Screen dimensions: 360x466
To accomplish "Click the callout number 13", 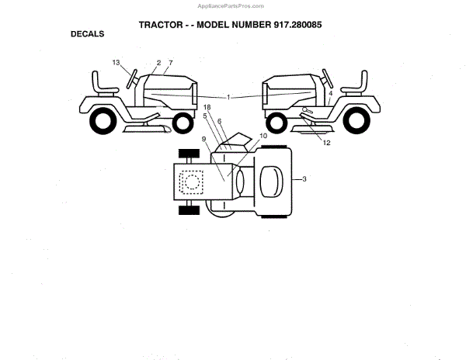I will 116,62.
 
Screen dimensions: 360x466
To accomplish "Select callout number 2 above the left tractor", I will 158,62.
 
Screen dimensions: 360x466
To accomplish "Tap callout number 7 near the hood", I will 170,62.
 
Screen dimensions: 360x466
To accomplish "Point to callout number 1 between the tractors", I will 229,97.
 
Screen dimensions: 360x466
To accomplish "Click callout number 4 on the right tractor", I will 330,93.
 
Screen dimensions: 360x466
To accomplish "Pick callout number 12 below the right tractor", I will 327,143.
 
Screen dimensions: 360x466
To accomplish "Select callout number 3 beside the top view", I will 304,179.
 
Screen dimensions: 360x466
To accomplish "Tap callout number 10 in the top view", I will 263,136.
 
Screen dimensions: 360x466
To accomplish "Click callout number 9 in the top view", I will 203,139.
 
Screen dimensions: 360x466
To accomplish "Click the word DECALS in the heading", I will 88,34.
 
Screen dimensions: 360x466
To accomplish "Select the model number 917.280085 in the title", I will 291,24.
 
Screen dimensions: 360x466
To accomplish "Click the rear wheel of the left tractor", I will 103,120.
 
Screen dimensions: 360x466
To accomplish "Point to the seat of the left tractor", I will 99,82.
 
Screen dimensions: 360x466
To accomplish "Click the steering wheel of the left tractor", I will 131,78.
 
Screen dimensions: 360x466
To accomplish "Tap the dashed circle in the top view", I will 189,181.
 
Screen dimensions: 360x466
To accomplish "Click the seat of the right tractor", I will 360,82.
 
